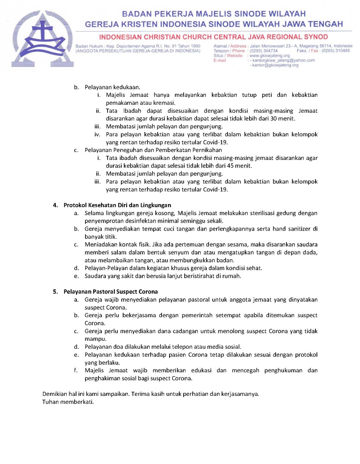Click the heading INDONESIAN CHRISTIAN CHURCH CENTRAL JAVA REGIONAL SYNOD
[213, 37]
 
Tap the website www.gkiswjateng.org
[270, 56]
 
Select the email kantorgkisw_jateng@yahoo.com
[284, 61]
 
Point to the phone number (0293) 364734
[264, 51]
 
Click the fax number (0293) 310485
[336, 51]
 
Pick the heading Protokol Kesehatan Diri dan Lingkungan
[117, 205]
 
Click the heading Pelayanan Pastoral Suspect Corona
[110, 292]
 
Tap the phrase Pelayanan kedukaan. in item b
[112, 87]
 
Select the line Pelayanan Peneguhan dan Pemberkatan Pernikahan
[153, 150]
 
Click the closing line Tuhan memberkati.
[68, 402]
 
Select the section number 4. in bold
[55, 205]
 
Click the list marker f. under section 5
[76, 370]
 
